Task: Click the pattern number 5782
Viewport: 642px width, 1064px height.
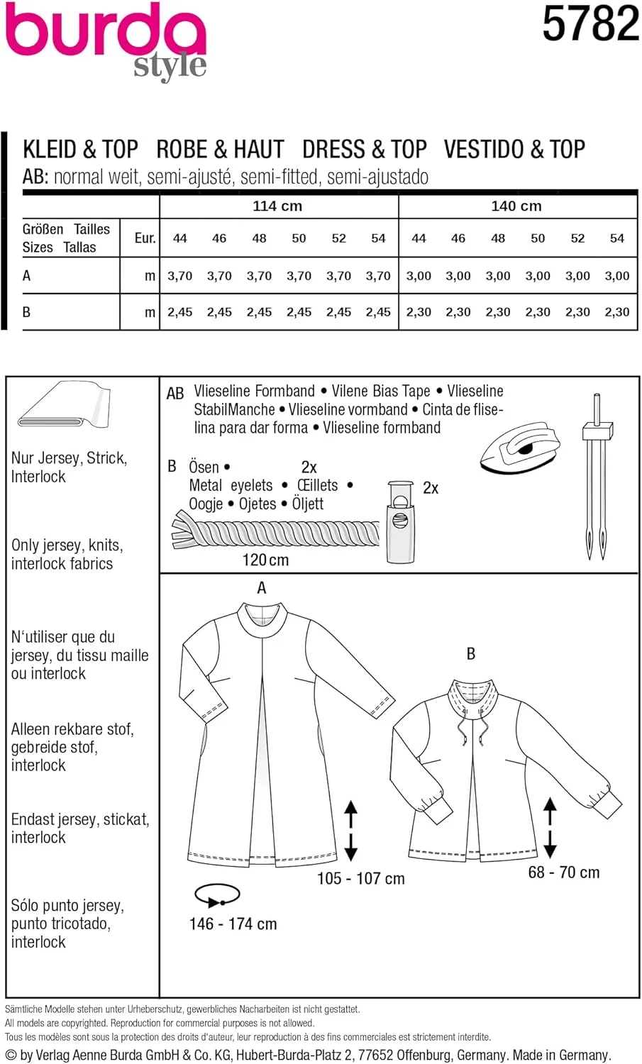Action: [590, 23]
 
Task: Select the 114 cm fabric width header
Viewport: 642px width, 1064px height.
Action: [277, 206]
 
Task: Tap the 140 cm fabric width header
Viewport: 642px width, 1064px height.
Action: [516, 206]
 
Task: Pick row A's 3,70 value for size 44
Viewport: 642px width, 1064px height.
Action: [179, 276]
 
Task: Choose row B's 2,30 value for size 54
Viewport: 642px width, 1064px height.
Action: [617, 312]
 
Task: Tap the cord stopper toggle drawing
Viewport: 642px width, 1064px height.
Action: [400, 522]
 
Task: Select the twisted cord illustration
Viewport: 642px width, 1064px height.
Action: [276, 533]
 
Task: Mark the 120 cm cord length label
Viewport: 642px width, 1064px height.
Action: [265, 560]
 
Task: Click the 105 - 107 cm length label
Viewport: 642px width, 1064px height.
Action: [360, 879]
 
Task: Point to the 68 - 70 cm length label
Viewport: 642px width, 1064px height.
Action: [563, 872]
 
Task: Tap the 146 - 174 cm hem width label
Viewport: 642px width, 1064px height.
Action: [233, 924]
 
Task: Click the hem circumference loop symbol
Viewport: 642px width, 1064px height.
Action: [216, 895]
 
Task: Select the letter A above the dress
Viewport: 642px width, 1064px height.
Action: [262, 588]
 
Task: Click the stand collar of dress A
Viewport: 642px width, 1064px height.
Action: [262, 619]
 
